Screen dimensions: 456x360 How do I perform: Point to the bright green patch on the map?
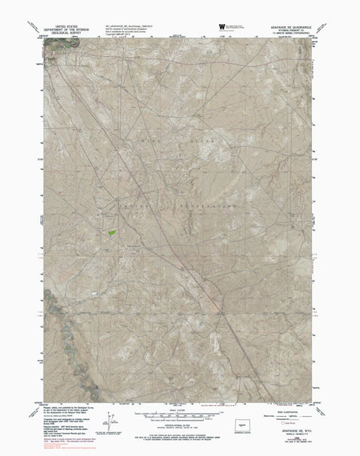pyautogui.click(x=111, y=232)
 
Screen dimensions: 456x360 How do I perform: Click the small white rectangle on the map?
pyautogui.click(x=94, y=291)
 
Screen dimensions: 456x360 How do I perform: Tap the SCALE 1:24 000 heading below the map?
pyautogui.click(x=179, y=409)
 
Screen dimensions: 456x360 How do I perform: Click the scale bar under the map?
pyautogui.click(x=179, y=415)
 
